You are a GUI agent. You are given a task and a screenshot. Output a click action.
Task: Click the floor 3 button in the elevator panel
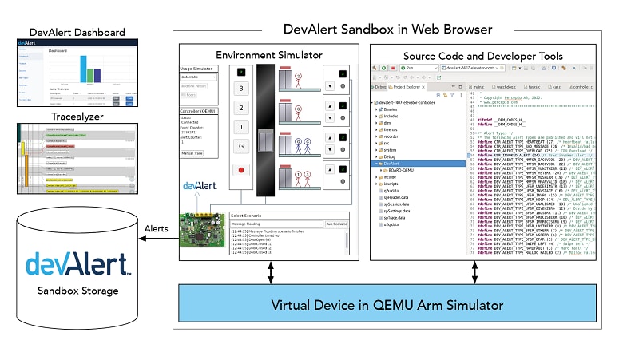click(241, 88)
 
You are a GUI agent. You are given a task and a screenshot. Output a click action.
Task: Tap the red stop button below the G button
click(241, 170)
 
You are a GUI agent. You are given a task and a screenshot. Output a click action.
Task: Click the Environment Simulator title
click(270, 55)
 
